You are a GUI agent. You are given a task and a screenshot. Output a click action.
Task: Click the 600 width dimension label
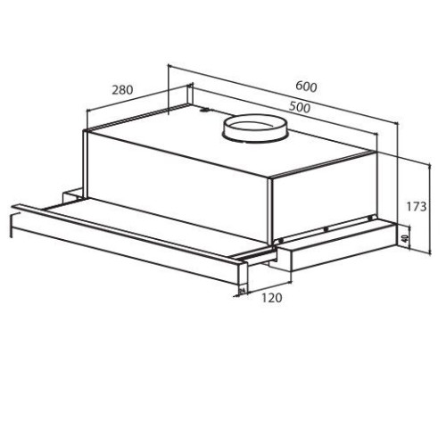[x=306, y=87]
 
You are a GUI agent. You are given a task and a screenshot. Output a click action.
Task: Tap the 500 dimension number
[x=300, y=107]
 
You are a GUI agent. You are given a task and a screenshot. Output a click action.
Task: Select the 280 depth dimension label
[x=122, y=89]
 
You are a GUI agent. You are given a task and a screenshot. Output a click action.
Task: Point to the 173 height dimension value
[x=417, y=206]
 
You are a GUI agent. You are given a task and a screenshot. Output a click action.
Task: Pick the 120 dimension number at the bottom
[x=272, y=298]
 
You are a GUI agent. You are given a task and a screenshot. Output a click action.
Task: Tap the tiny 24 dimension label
[x=243, y=290]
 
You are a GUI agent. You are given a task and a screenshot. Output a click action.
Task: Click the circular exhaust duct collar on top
[x=255, y=128]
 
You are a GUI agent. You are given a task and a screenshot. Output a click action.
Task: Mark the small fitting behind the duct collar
[x=204, y=110]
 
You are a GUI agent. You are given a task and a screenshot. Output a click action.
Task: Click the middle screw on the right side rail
[x=326, y=229]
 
